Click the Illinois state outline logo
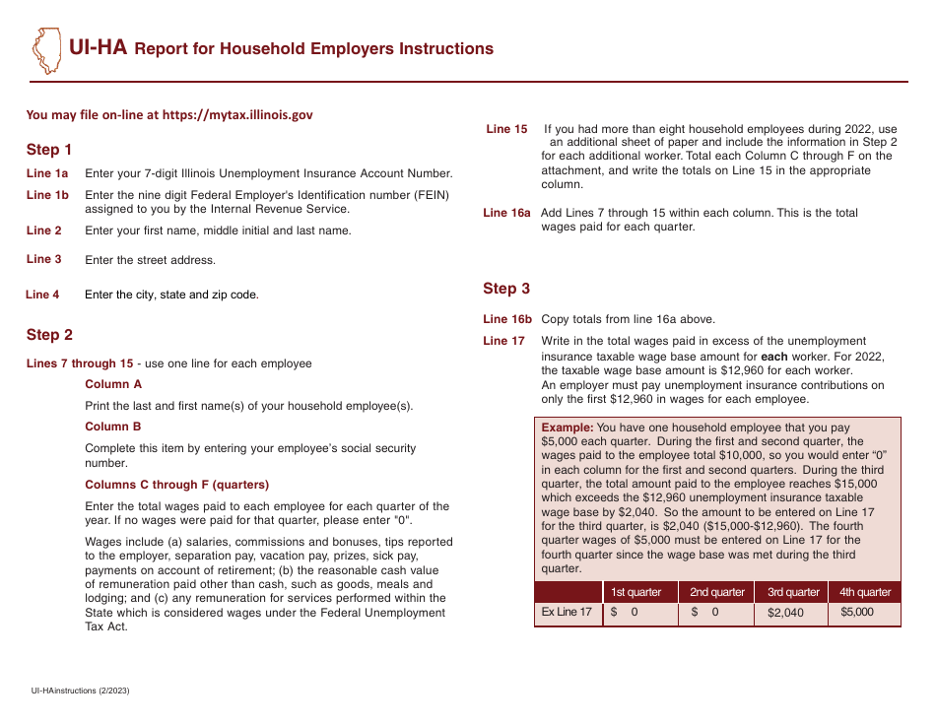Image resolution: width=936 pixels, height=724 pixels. point(45,50)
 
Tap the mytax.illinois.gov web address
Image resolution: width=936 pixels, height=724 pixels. point(237,114)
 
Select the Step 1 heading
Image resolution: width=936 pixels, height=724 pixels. point(49,150)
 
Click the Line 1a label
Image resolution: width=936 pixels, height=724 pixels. point(47,173)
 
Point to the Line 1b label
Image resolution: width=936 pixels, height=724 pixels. point(47,195)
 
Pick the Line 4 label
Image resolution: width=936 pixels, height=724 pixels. point(42,295)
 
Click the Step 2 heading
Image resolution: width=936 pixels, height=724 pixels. point(49,335)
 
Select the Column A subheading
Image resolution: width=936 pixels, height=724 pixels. point(113,384)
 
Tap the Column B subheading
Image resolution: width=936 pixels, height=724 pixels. point(113,427)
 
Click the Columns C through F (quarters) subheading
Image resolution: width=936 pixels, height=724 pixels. point(176,485)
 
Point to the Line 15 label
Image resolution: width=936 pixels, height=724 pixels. point(506,129)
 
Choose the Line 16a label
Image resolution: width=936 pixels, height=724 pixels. point(506,213)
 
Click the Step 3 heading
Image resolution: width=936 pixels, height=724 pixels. point(506,289)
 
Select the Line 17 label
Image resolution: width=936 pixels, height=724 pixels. point(503,341)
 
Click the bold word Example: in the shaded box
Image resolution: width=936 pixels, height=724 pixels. point(568,428)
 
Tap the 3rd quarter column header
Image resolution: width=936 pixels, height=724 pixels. point(793,592)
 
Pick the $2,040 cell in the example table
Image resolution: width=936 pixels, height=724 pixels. point(785,613)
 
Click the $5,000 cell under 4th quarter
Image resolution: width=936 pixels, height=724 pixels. point(856,612)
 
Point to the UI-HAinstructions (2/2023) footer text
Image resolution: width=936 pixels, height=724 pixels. point(80,691)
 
